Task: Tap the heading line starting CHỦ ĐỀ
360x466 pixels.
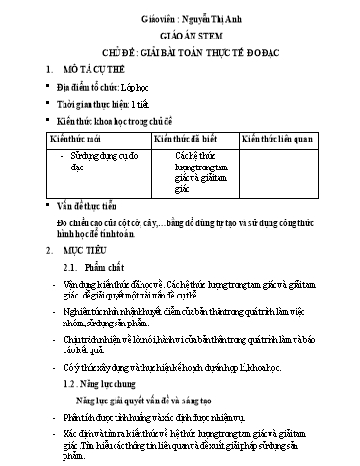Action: coord(179,50)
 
